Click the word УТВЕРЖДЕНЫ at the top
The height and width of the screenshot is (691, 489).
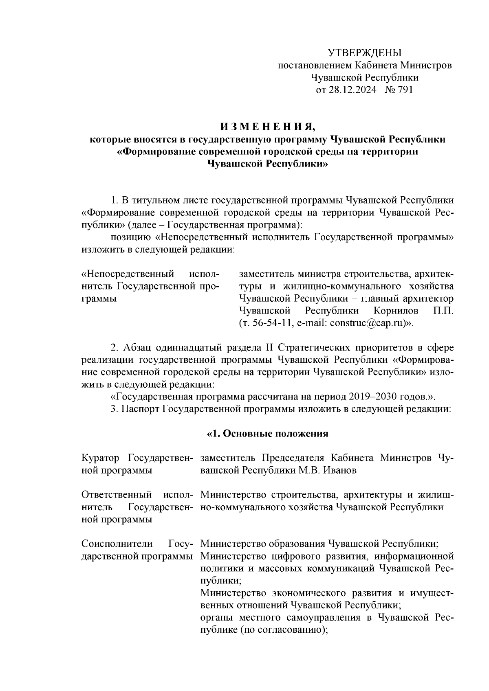pyautogui.click(x=364, y=53)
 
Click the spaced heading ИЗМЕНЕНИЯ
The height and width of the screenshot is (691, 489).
pyautogui.click(x=267, y=127)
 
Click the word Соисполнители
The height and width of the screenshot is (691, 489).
pyautogui.click(x=117, y=544)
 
